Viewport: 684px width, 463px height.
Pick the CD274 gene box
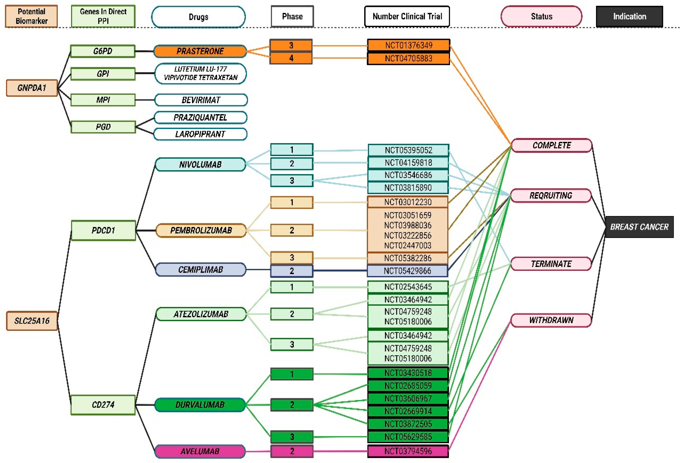coord(103,405)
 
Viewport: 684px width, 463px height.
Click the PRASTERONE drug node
coord(200,51)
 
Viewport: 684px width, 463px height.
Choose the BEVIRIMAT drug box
coord(201,100)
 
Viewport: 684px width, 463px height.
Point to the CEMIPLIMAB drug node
coord(201,270)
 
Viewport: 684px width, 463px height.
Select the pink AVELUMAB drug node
coord(200,451)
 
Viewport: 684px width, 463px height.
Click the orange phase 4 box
coord(291,58)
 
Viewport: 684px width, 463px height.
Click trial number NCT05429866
coord(408,271)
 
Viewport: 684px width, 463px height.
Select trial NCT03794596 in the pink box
coord(408,451)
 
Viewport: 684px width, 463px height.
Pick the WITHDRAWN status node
coord(551,320)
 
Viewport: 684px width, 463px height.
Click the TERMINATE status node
coord(551,264)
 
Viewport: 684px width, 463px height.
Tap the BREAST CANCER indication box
coord(639,227)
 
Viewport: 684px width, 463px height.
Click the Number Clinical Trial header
coord(407,16)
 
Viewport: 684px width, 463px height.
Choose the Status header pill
coord(542,16)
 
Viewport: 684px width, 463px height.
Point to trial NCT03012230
coord(408,202)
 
